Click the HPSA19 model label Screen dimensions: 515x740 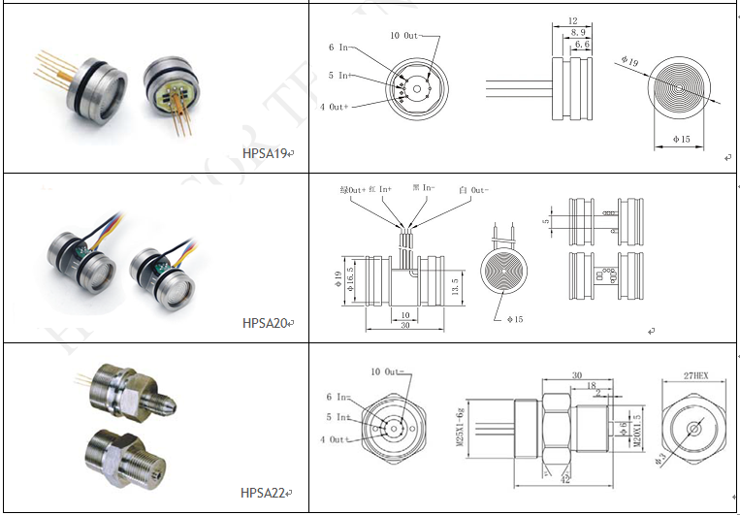265,153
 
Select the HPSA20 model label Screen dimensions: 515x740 264,323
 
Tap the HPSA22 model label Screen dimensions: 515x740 264,493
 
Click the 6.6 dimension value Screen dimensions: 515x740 582,44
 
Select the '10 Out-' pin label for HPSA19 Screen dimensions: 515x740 407,36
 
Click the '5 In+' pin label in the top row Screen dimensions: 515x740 338,76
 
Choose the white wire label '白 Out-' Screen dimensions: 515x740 472,190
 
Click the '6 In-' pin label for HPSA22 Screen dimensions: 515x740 339,397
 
